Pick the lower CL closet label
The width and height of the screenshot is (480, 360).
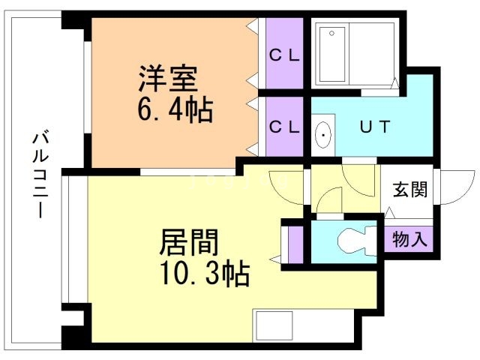tap(284, 127)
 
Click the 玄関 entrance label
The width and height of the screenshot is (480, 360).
tap(409, 190)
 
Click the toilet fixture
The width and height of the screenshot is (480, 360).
tap(352, 241)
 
